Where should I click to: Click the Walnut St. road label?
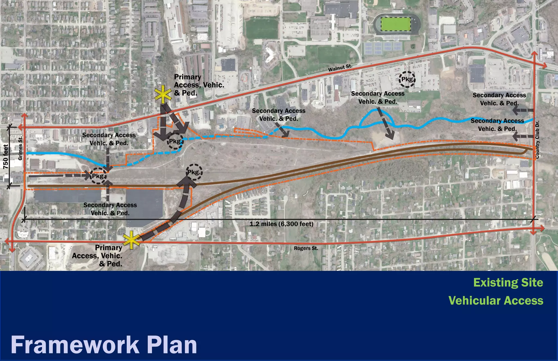point(340,68)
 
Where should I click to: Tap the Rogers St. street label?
point(306,248)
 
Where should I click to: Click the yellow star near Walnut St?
point(163,94)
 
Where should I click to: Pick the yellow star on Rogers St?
point(132,240)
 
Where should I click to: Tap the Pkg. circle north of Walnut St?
point(407,79)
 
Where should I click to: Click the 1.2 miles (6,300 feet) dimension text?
point(281,224)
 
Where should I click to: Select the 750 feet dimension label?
point(6,156)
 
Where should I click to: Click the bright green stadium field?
point(396,24)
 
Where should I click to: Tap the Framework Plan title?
point(104,345)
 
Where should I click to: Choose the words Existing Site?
point(508,283)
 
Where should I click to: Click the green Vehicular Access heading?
point(496,301)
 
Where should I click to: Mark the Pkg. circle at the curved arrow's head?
point(194,172)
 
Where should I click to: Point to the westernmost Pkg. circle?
point(98,176)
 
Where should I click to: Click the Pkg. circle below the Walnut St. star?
point(175,141)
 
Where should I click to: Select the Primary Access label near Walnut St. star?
point(199,85)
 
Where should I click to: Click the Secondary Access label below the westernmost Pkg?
point(110,209)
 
